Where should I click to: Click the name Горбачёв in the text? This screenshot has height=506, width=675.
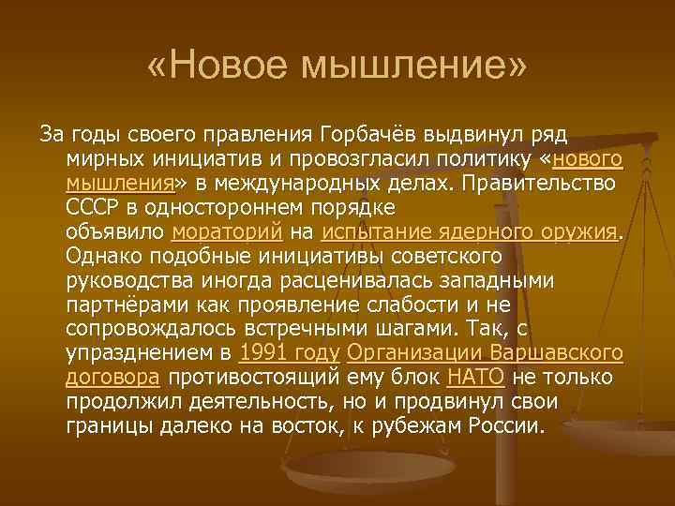[372, 134]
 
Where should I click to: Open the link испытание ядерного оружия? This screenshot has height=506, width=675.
[469, 231]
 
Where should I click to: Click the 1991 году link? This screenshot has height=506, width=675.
[291, 353]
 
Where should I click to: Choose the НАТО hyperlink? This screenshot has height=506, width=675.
[476, 378]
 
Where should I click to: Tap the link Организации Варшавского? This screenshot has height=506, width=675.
[486, 353]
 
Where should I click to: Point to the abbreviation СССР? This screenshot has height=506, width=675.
[92, 207]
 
